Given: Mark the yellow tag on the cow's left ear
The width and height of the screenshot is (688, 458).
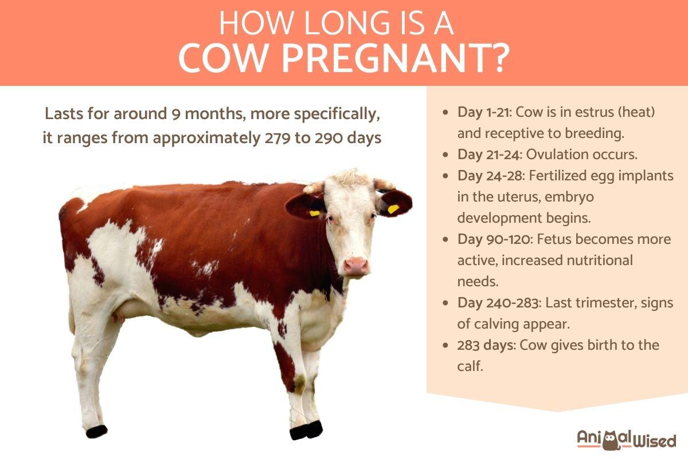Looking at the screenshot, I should (393, 209).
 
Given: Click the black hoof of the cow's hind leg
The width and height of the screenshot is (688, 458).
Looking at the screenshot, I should (97, 431).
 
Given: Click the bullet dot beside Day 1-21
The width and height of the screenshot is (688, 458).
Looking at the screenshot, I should (446, 113).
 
